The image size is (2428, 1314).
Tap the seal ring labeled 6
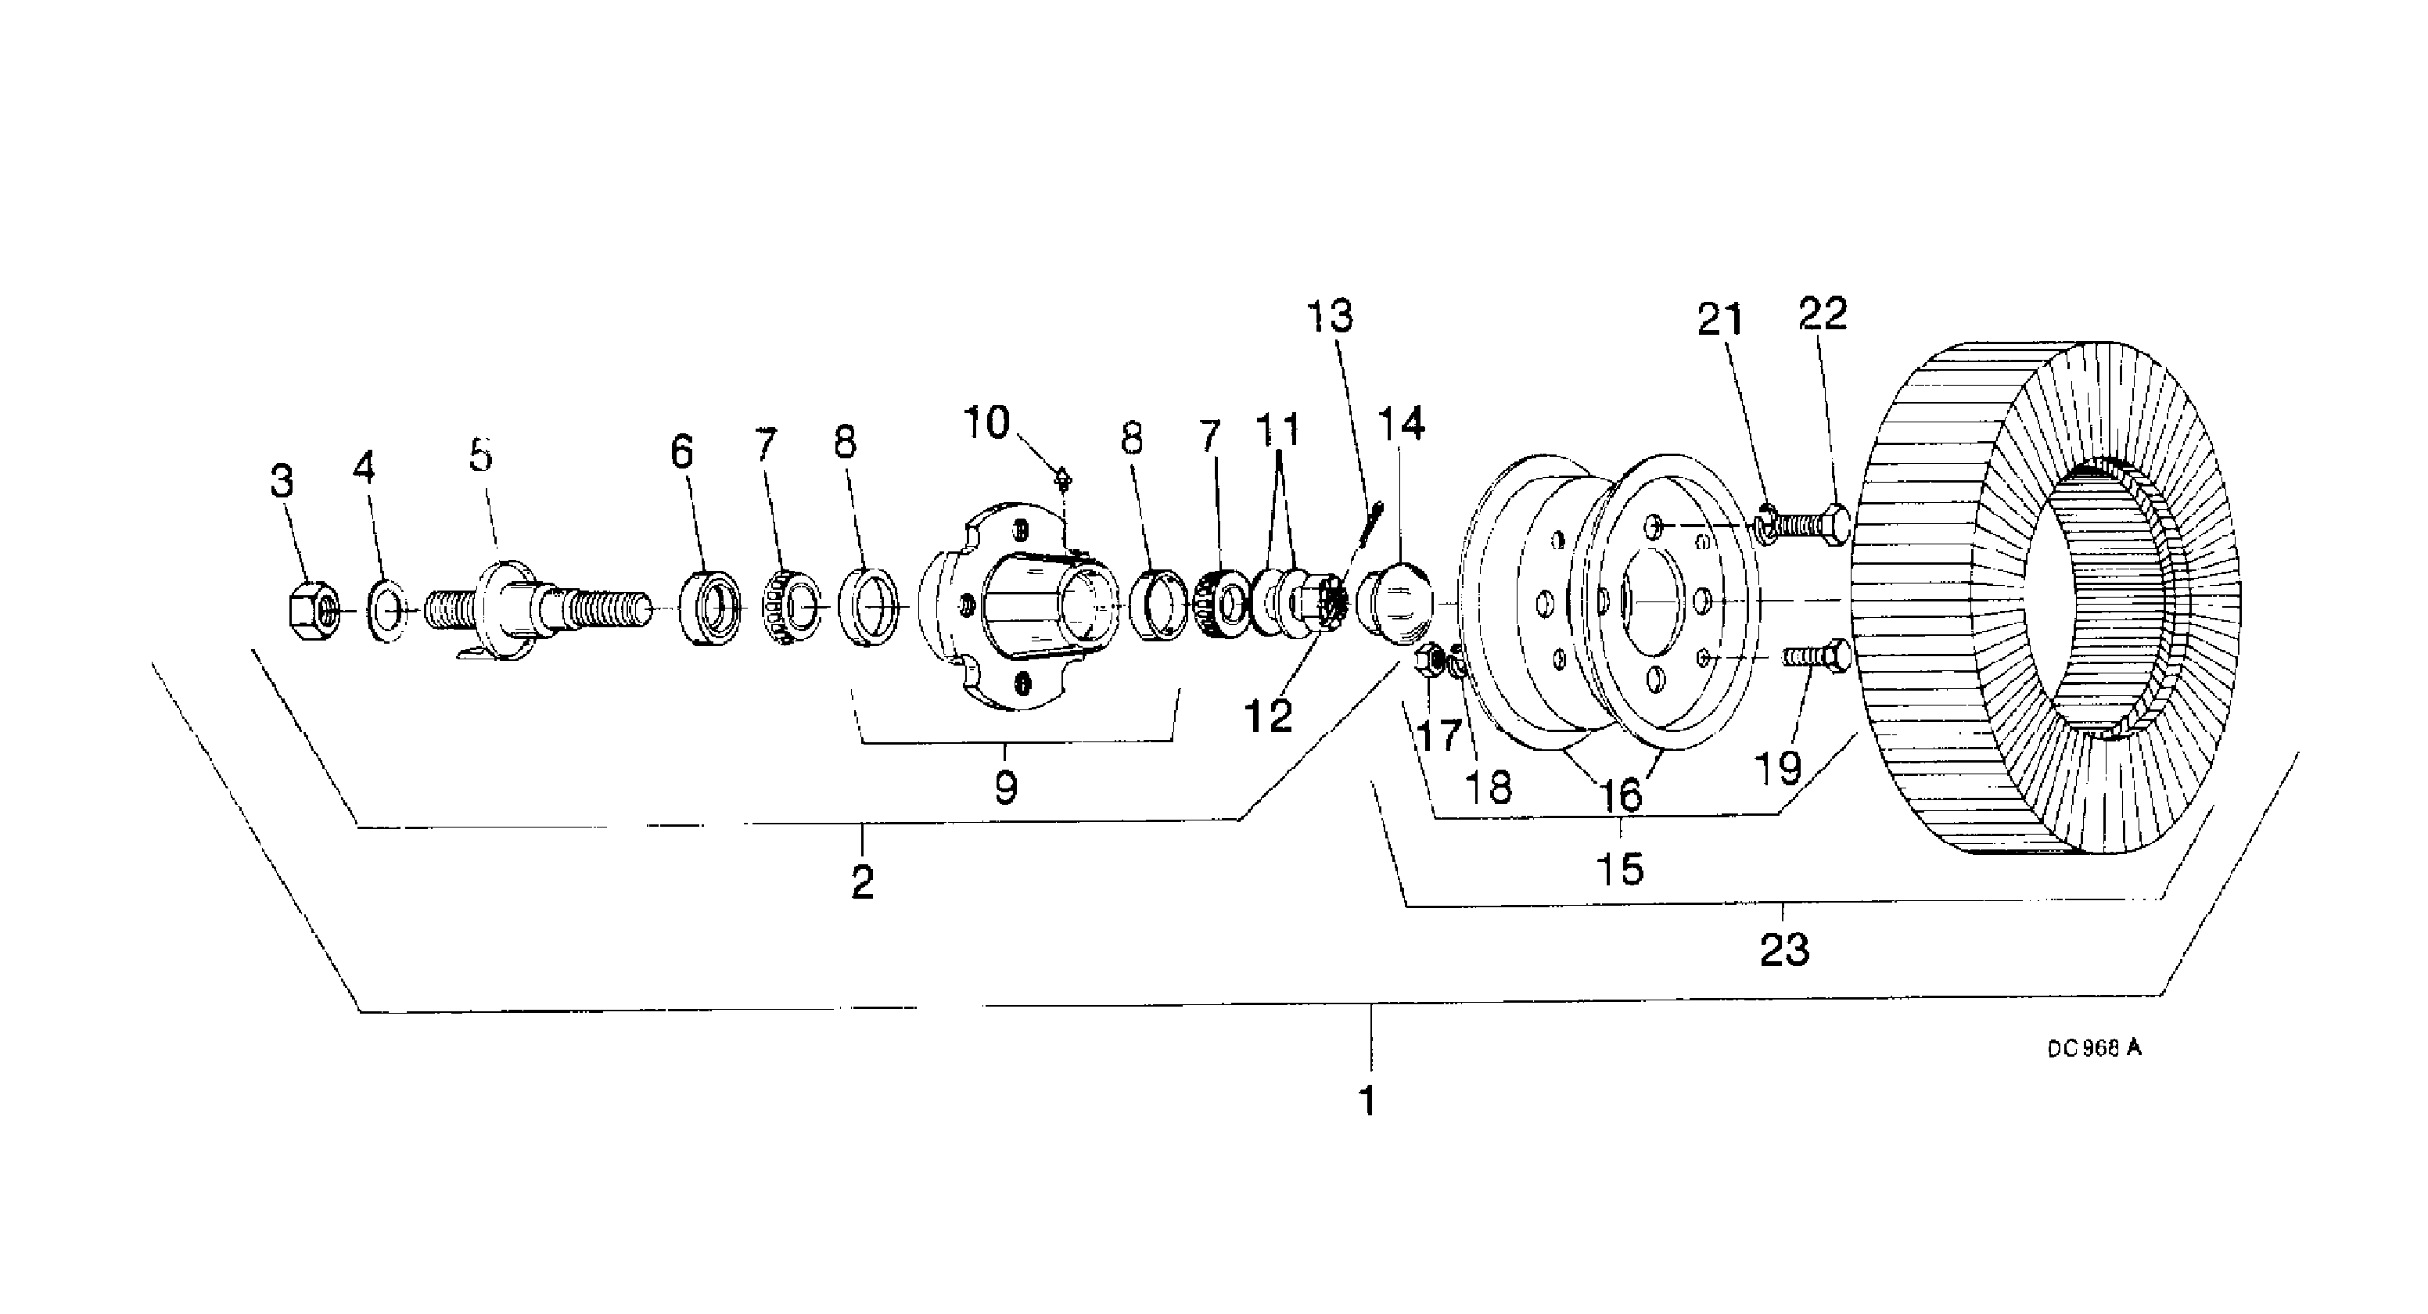coord(709,608)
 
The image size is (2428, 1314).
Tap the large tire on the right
coord(2045,598)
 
